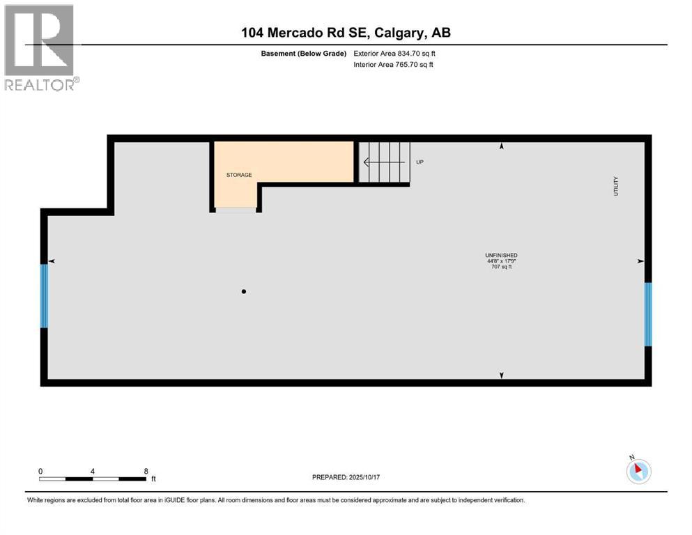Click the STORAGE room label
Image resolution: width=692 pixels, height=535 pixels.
pos(238,175)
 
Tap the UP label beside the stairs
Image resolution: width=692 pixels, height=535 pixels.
pos(420,162)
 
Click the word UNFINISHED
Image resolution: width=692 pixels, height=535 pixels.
pos(501,255)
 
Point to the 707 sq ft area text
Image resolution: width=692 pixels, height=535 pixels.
pos(501,267)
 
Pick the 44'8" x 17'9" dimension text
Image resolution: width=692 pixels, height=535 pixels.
pos(501,261)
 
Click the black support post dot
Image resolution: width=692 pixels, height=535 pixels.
pos(244,292)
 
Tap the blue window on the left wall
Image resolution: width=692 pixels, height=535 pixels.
pos(45,295)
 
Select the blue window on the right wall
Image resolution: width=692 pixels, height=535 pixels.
pos(648,314)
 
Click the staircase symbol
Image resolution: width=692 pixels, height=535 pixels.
pos(383,162)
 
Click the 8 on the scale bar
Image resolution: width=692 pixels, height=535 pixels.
pos(146,471)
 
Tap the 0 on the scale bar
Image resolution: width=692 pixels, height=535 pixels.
pos(40,471)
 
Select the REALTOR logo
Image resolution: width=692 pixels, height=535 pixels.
pos(40,47)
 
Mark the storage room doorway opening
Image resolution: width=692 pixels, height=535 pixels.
pos(236,209)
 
